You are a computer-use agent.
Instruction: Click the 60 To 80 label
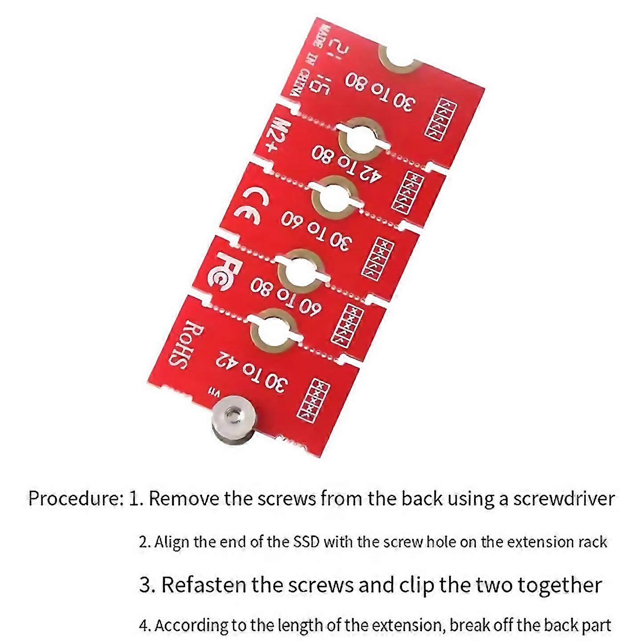pyautogui.click(x=285, y=297)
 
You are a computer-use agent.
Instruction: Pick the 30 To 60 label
pyautogui.click(x=316, y=230)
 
